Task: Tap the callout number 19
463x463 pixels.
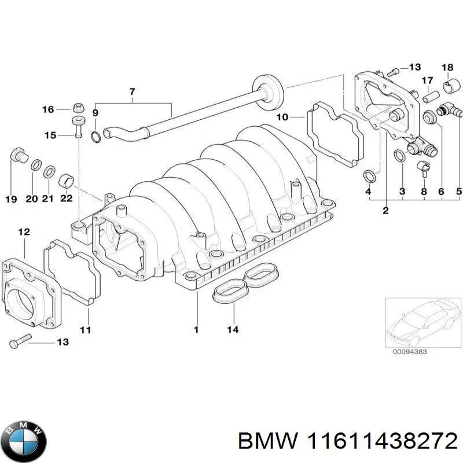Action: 11,200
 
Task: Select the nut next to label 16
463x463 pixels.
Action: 78,109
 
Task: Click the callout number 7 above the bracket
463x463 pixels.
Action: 132,91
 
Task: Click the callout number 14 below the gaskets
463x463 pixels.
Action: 233,330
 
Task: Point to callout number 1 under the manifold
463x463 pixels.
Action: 196,330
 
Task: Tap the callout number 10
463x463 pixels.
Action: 282,117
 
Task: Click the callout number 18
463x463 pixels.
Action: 447,68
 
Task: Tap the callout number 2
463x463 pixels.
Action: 385,211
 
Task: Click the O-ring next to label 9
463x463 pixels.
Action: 96,137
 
